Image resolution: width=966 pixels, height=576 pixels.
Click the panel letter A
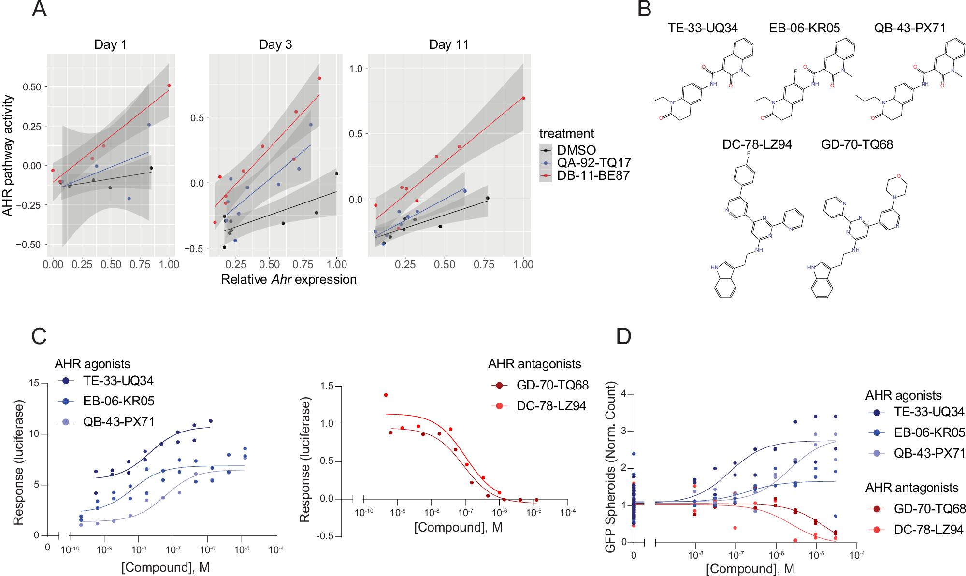tap(39, 10)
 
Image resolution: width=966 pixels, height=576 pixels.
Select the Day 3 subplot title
tap(275, 44)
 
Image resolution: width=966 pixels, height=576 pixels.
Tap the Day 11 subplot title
tap(448, 44)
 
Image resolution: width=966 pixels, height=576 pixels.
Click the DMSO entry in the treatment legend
tap(576, 150)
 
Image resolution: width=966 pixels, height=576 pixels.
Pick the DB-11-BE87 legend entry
tap(593, 175)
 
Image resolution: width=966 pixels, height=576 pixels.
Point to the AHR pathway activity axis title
tap(7, 155)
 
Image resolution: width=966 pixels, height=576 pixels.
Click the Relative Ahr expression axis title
tap(288, 279)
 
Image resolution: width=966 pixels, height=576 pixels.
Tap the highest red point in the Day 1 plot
tap(169, 86)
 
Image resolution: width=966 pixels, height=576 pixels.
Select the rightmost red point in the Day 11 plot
tap(523, 98)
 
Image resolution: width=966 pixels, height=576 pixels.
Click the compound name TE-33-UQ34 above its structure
tap(702, 28)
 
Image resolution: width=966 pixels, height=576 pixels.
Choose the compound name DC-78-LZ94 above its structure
tap(757, 144)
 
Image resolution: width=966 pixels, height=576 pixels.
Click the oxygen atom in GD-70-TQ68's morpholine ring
tap(898, 176)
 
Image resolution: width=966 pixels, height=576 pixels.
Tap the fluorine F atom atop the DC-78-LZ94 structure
tap(749, 154)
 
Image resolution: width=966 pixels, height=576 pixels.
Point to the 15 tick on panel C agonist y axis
tap(34, 383)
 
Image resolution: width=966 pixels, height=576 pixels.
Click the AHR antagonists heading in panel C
tap(534, 364)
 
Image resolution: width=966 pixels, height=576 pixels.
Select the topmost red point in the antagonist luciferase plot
tap(386, 395)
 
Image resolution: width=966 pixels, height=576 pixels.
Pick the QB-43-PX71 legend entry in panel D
tap(929, 453)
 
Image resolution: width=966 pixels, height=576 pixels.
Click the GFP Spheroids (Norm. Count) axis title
tap(610, 467)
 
